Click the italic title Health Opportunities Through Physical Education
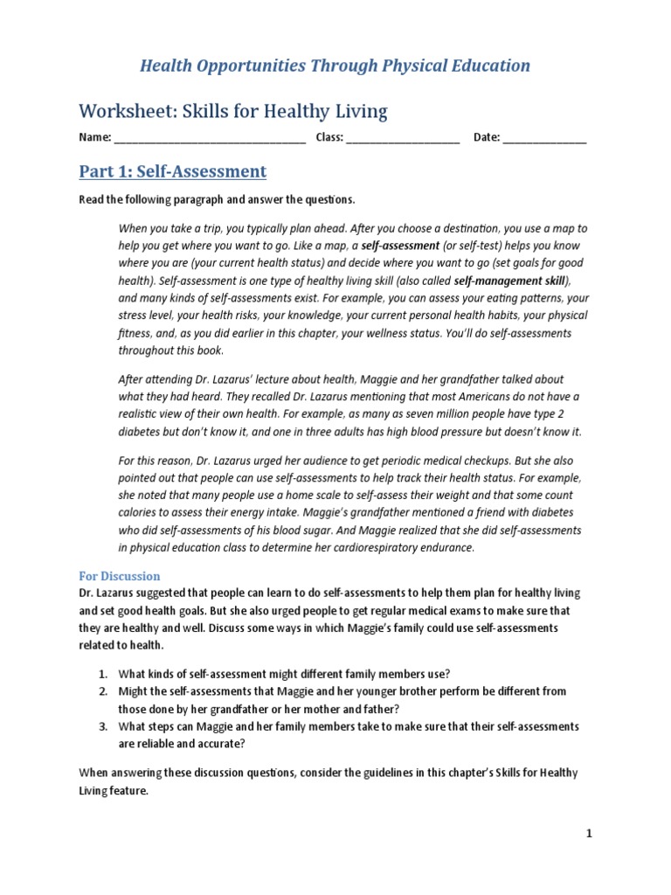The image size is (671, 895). coord(335,66)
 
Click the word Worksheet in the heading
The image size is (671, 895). coord(122,111)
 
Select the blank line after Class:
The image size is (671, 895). coord(403,138)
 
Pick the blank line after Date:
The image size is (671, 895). coord(544,138)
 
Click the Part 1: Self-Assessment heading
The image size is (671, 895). coord(172,170)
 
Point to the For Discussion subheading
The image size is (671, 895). coord(120,576)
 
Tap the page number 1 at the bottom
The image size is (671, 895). coord(589,834)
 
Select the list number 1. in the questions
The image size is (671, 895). coord(101,673)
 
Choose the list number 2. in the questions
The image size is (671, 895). coord(101,690)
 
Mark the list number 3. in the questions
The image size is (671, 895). coord(101,726)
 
